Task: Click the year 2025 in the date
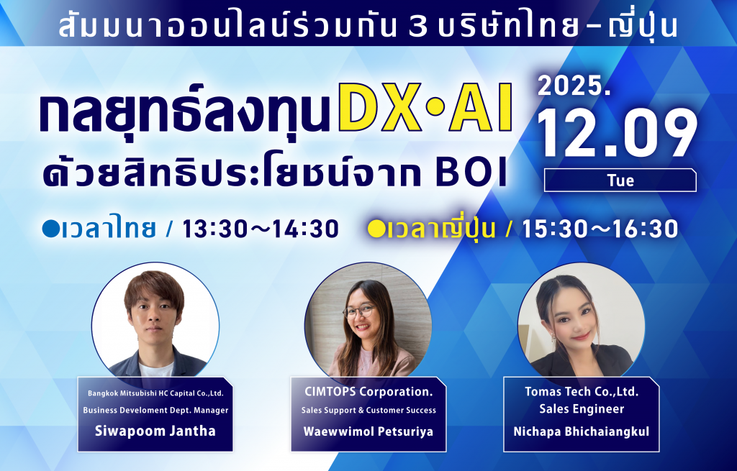574,86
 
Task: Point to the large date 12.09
617,133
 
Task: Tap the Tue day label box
620,180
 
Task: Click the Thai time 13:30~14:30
261,229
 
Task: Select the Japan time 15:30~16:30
600,229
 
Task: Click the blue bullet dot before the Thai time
51,229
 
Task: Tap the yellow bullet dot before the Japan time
376,229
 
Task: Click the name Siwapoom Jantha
155,431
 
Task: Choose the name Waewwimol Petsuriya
368,431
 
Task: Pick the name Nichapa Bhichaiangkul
582,431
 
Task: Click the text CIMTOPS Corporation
368,392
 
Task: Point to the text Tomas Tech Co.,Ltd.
582,391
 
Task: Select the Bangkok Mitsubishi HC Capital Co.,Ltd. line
155,393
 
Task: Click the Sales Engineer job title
582,409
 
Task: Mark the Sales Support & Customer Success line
368,411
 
